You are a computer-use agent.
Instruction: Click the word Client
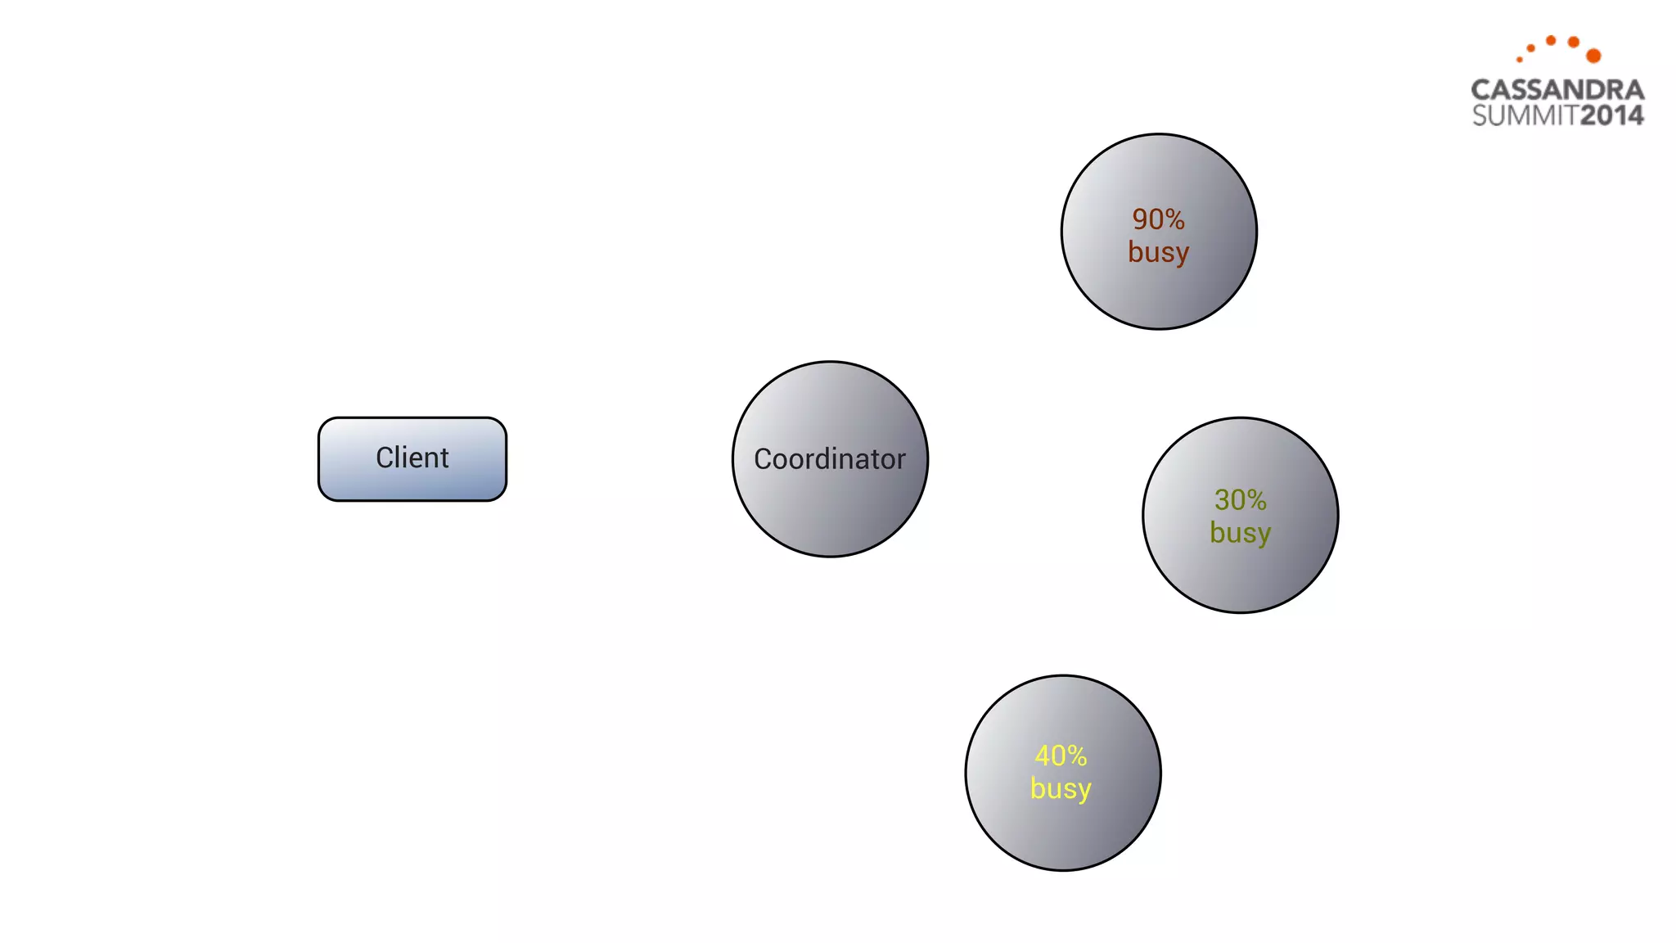(x=412, y=458)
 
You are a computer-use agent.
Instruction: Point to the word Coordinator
(x=830, y=459)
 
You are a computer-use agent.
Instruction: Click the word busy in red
(x=1158, y=252)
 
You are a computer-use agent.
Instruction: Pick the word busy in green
(x=1240, y=533)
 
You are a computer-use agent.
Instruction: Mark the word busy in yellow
(x=1061, y=789)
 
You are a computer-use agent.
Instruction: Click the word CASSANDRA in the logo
(x=1557, y=90)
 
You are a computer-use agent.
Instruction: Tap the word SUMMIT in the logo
(x=1525, y=115)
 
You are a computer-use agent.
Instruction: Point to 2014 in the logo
(x=1611, y=115)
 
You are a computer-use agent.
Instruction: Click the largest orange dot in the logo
(x=1593, y=56)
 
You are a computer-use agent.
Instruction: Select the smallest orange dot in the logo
(x=1520, y=60)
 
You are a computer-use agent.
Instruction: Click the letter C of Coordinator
(x=763, y=459)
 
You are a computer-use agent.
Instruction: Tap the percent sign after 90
(x=1175, y=219)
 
